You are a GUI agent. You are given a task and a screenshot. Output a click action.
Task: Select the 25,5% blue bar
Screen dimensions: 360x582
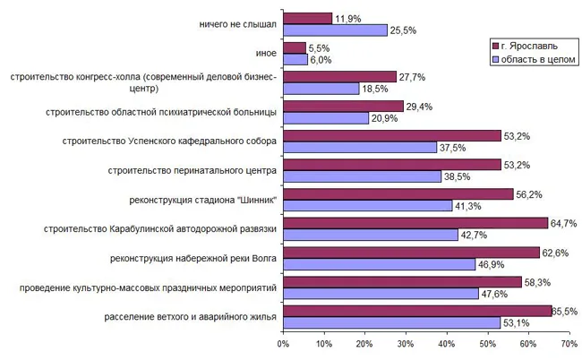coord(335,30)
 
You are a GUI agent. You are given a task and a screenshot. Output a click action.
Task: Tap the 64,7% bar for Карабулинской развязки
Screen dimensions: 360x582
coord(415,223)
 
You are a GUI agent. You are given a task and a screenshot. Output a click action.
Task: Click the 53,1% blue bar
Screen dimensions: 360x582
coord(391,321)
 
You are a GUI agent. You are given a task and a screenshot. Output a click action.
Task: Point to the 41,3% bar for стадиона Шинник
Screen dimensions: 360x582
coord(367,205)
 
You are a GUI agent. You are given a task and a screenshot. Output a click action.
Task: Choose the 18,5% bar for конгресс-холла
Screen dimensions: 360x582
coord(321,88)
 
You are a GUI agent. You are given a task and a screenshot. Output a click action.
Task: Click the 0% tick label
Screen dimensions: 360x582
coord(283,344)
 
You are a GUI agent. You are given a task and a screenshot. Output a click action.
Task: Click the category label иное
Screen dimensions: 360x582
coord(266,54)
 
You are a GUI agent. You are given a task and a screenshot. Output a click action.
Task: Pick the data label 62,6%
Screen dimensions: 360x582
coord(556,253)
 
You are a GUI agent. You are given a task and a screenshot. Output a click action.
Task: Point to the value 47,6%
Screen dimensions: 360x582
coord(495,293)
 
